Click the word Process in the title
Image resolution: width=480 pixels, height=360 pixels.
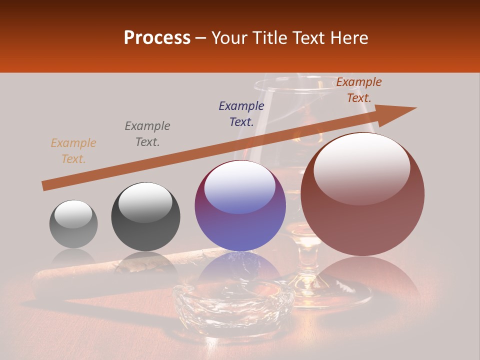(x=157, y=38)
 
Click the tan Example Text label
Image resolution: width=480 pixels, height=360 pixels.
(x=73, y=151)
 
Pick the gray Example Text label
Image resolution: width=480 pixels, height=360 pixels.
(x=147, y=134)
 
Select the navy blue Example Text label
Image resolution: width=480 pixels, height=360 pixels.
(x=241, y=114)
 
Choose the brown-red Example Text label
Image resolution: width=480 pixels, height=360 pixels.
(x=359, y=90)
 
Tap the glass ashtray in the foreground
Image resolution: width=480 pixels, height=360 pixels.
(x=233, y=305)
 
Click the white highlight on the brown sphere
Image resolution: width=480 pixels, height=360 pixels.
(x=361, y=167)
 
